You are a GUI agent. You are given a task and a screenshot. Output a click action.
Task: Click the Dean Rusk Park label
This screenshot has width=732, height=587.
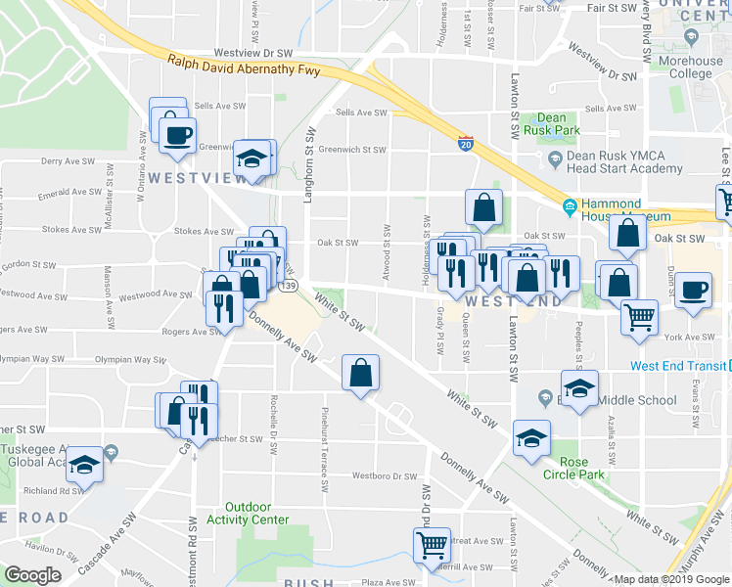[x=559, y=123]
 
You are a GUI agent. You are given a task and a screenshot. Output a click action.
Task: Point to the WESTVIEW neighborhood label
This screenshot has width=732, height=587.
[x=189, y=178]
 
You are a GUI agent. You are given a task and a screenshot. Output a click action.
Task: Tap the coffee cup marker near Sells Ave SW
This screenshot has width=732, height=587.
[x=177, y=134]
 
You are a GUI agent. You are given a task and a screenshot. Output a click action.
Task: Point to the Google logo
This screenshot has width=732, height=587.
[x=32, y=575]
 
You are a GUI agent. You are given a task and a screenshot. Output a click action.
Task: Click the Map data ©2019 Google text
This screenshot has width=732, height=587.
[x=672, y=579]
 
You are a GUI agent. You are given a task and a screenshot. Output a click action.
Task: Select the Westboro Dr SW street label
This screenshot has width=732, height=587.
[x=385, y=476]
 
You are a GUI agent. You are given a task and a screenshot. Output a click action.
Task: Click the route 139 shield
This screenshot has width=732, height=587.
[x=288, y=287]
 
